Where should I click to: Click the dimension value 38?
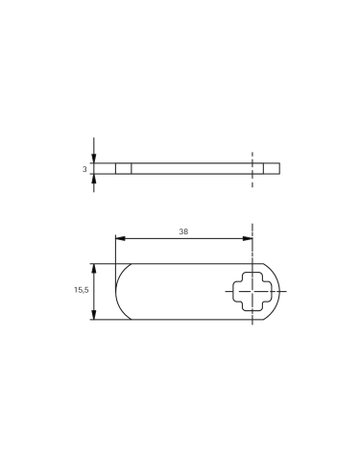183,231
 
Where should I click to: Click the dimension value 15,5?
81,290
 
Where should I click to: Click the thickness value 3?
85,169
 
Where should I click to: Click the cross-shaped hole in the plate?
253,291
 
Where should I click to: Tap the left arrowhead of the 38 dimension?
120,238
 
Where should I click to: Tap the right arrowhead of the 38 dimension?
248,238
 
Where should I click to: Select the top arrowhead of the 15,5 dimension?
94,268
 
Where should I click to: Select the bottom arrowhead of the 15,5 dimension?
94,315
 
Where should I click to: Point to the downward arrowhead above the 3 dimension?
94,158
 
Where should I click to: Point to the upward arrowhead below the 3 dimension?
94,179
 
